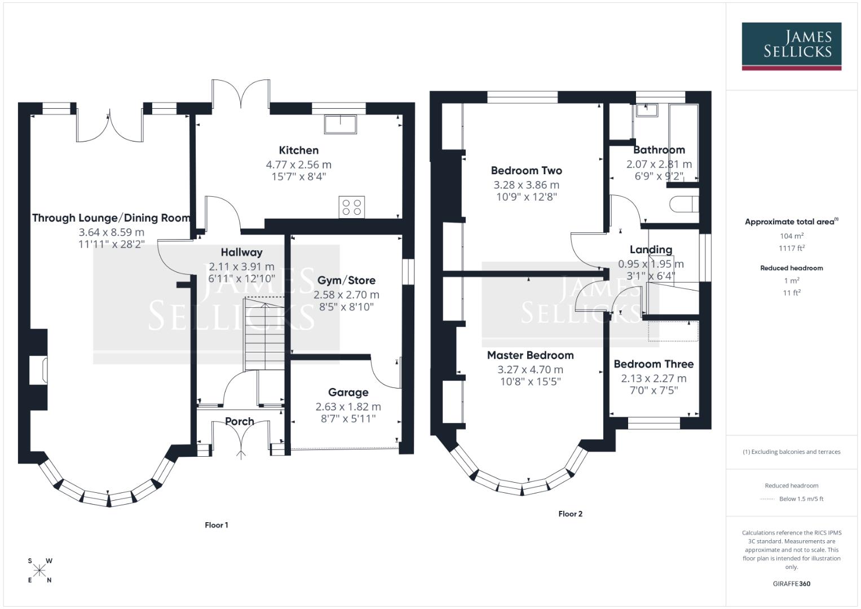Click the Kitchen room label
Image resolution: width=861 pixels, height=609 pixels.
tap(298, 150)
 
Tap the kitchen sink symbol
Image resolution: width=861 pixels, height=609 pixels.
tap(341, 124)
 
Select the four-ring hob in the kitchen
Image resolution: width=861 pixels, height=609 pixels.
tap(352, 206)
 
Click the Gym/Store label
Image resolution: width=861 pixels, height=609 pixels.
tap(346, 280)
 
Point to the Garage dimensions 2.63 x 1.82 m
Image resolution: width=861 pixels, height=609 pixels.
tap(348, 407)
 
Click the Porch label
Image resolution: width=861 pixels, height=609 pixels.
tap(239, 421)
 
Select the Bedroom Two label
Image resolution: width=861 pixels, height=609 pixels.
tap(526, 170)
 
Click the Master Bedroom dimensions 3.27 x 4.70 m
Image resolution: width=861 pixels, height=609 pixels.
tap(530, 370)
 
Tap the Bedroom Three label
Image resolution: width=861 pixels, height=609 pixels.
tap(654, 364)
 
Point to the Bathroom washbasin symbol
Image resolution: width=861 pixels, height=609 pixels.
tap(647, 110)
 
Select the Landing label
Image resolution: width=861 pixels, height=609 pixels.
tap(651, 249)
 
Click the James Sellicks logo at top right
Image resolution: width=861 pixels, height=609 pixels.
tap(791, 45)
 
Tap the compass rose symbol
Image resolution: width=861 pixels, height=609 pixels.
tap(39, 571)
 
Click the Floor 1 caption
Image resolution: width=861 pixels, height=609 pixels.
tap(217, 525)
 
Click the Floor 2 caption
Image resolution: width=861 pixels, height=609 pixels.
tap(570, 514)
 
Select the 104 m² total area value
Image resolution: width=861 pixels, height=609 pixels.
tap(792, 236)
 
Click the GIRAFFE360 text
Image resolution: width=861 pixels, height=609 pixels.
tap(792, 584)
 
